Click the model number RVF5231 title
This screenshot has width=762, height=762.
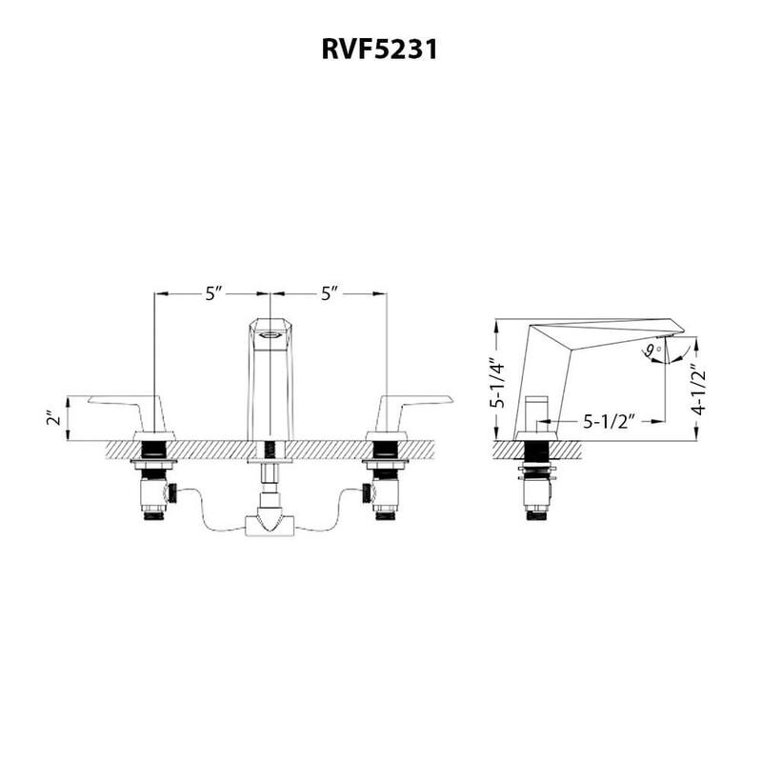[378, 50]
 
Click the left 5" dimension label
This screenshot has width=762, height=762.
[213, 293]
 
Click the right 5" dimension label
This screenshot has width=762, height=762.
[331, 293]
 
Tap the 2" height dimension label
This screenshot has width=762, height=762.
[52, 418]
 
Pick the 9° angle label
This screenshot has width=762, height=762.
[652, 351]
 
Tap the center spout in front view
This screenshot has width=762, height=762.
[270, 381]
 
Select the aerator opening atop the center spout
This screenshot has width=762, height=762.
[270, 333]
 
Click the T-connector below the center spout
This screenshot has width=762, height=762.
[270, 523]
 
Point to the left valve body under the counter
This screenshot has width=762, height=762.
[154, 491]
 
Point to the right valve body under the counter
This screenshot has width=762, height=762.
[385, 491]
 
